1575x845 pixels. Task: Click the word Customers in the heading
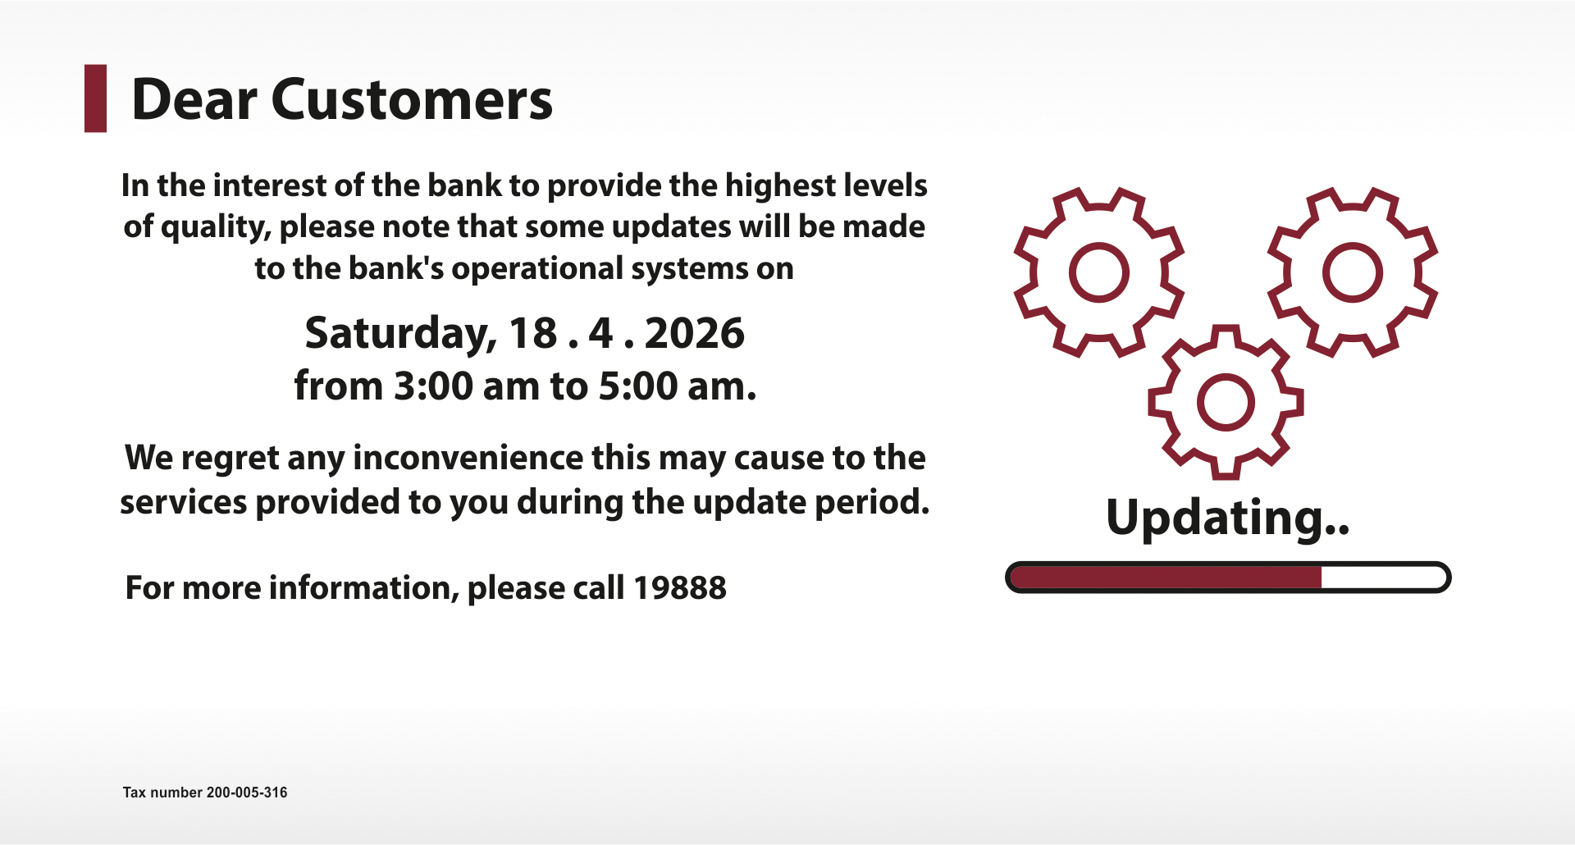(412, 100)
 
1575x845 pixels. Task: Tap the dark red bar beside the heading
(95, 98)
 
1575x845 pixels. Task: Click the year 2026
(695, 333)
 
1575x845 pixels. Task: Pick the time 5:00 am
(677, 386)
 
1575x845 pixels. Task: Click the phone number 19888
(679, 588)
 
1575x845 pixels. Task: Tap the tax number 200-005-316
(247, 792)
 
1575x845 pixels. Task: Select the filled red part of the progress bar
(1166, 578)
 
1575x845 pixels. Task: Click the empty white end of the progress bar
(1383, 578)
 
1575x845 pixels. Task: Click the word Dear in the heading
(194, 100)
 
